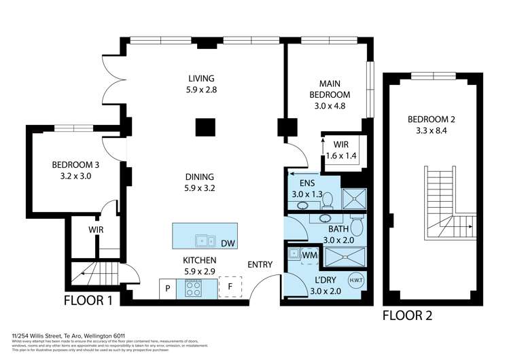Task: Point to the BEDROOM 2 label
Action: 431,120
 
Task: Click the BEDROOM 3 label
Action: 75,164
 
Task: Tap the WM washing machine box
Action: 310,255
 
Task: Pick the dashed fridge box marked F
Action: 230,288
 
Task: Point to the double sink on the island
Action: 204,240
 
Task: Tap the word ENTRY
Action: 260,265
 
